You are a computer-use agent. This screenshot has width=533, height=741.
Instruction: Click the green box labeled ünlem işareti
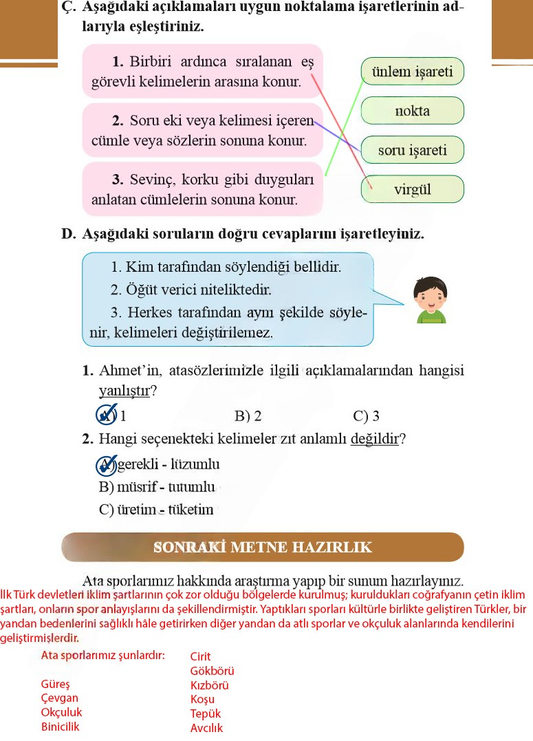point(412,72)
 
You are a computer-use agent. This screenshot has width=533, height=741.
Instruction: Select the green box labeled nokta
point(412,111)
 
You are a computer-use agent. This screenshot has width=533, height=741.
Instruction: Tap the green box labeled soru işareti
point(412,150)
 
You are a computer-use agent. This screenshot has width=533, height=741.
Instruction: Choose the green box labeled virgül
point(412,189)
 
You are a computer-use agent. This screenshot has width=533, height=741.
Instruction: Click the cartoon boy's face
point(431,294)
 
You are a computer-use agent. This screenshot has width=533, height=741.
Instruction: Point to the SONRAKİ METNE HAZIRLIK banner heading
point(262,548)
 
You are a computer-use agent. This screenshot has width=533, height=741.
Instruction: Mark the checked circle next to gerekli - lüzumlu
point(106,466)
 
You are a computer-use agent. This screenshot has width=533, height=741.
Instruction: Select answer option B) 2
point(248,416)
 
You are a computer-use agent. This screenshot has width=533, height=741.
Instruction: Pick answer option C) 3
point(366,416)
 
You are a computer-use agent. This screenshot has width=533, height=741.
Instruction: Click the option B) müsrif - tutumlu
point(157,488)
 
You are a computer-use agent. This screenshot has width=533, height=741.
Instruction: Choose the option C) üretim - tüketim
point(156,510)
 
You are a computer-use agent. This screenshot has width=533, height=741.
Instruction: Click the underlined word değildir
point(374,439)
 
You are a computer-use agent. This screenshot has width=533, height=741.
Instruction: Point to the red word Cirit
point(201,656)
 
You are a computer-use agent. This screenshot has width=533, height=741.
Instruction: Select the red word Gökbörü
point(213,671)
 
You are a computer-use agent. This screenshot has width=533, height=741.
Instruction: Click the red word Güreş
point(55,685)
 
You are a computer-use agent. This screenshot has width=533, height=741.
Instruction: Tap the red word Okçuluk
point(61,713)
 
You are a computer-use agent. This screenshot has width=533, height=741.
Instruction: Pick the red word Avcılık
point(206,728)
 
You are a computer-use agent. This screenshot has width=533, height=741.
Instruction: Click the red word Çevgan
point(60,698)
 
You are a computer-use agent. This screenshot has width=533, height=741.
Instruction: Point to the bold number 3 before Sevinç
point(118,180)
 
